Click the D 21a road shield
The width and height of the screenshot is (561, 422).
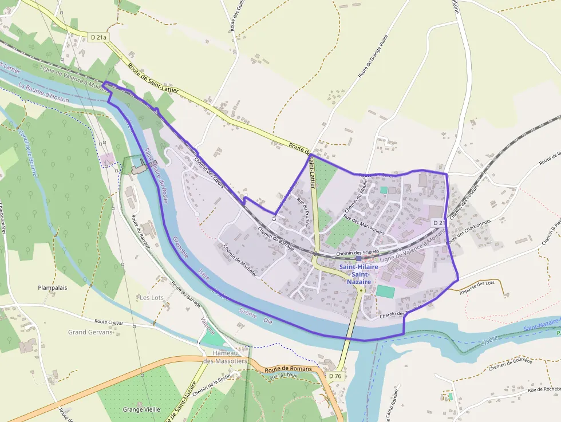[99, 37]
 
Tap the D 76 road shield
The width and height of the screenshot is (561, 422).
[335, 376]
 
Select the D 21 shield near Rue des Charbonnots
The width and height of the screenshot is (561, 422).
[438, 222]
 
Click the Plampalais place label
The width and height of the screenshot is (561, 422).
[52, 288]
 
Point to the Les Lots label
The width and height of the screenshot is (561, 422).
[152, 298]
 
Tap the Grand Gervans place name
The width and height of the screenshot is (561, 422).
[90, 332]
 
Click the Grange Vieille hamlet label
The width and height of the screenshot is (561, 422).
[141, 409]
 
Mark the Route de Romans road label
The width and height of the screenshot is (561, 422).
[288, 369]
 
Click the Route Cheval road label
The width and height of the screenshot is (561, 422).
[109, 322]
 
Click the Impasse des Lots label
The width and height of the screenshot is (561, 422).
[477, 283]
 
